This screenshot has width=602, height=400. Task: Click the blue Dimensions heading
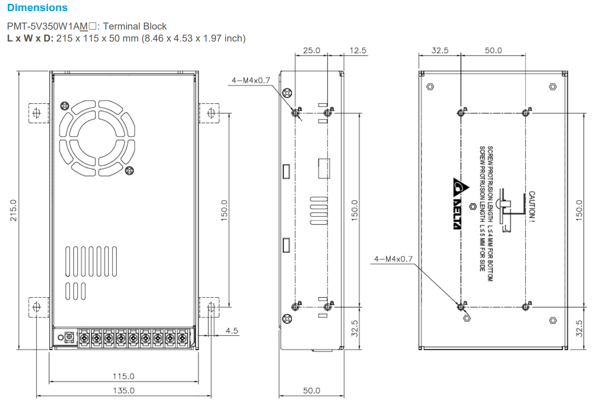pyautogui.click(x=37, y=8)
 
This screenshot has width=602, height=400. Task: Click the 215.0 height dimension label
pyautogui.click(x=13, y=210)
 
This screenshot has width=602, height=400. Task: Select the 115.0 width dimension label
pyautogui.click(x=124, y=376)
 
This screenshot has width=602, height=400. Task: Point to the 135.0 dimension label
pyautogui.click(x=124, y=390)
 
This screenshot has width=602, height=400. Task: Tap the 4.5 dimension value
pyautogui.click(x=232, y=330)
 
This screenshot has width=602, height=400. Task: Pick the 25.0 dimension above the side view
pyautogui.click(x=311, y=50)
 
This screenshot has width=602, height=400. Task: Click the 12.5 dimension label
pyautogui.click(x=358, y=50)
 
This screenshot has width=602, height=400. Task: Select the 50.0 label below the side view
pyautogui.click(x=311, y=391)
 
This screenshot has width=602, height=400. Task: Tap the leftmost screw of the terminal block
pyautogui.click(x=84, y=339)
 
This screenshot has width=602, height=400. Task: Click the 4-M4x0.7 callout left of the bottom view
pyautogui.click(x=393, y=259)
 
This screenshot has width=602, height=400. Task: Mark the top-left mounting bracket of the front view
pyautogui.click(x=38, y=113)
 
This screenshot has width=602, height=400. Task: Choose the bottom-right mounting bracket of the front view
pyautogui.click(x=210, y=307)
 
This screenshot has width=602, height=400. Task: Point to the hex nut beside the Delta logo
pyautogui.click(x=471, y=206)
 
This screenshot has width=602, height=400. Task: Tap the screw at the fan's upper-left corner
pyautogui.click(x=65, y=106)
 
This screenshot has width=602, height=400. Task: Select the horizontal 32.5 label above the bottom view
pyautogui.click(x=440, y=50)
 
